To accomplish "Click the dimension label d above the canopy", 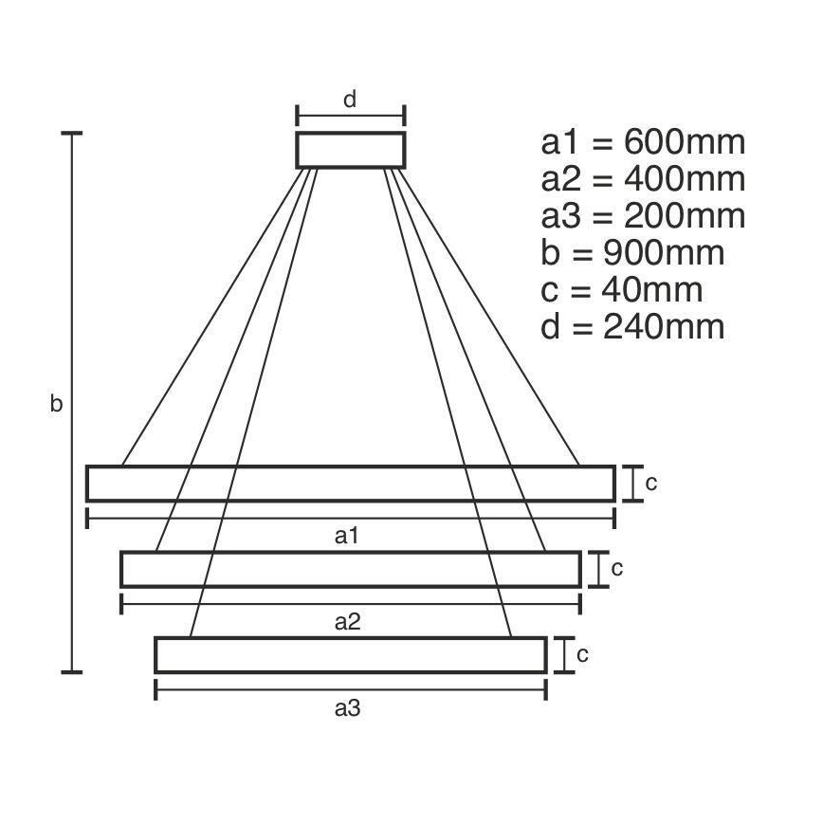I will pos(350,100).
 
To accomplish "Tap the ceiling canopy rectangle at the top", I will pos(351,150).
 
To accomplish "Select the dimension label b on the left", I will pos(56,405).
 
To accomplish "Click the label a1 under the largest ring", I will pos(348,536).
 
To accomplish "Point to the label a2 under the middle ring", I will pos(348,622).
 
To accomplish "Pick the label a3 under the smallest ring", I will pos(348,708).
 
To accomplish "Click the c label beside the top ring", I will pos(651,484).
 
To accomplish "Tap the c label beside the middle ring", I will pos(616,569).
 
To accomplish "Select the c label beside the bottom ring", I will pos(583,654).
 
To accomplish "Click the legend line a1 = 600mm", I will pos(643,143).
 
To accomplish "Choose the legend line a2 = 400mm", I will pos(643,179).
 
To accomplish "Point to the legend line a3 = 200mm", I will pos(643,216).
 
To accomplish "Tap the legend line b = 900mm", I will pos(632,253).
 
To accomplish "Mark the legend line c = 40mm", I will pos(621,290).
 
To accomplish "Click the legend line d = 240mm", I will pos(632,327).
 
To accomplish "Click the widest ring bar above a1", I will pos(351,484).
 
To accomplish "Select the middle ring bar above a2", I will pos(351,569).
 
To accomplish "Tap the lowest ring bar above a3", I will pos(351,655).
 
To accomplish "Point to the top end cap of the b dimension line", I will pos(71,135).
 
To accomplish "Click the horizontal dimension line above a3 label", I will pos(351,690).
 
